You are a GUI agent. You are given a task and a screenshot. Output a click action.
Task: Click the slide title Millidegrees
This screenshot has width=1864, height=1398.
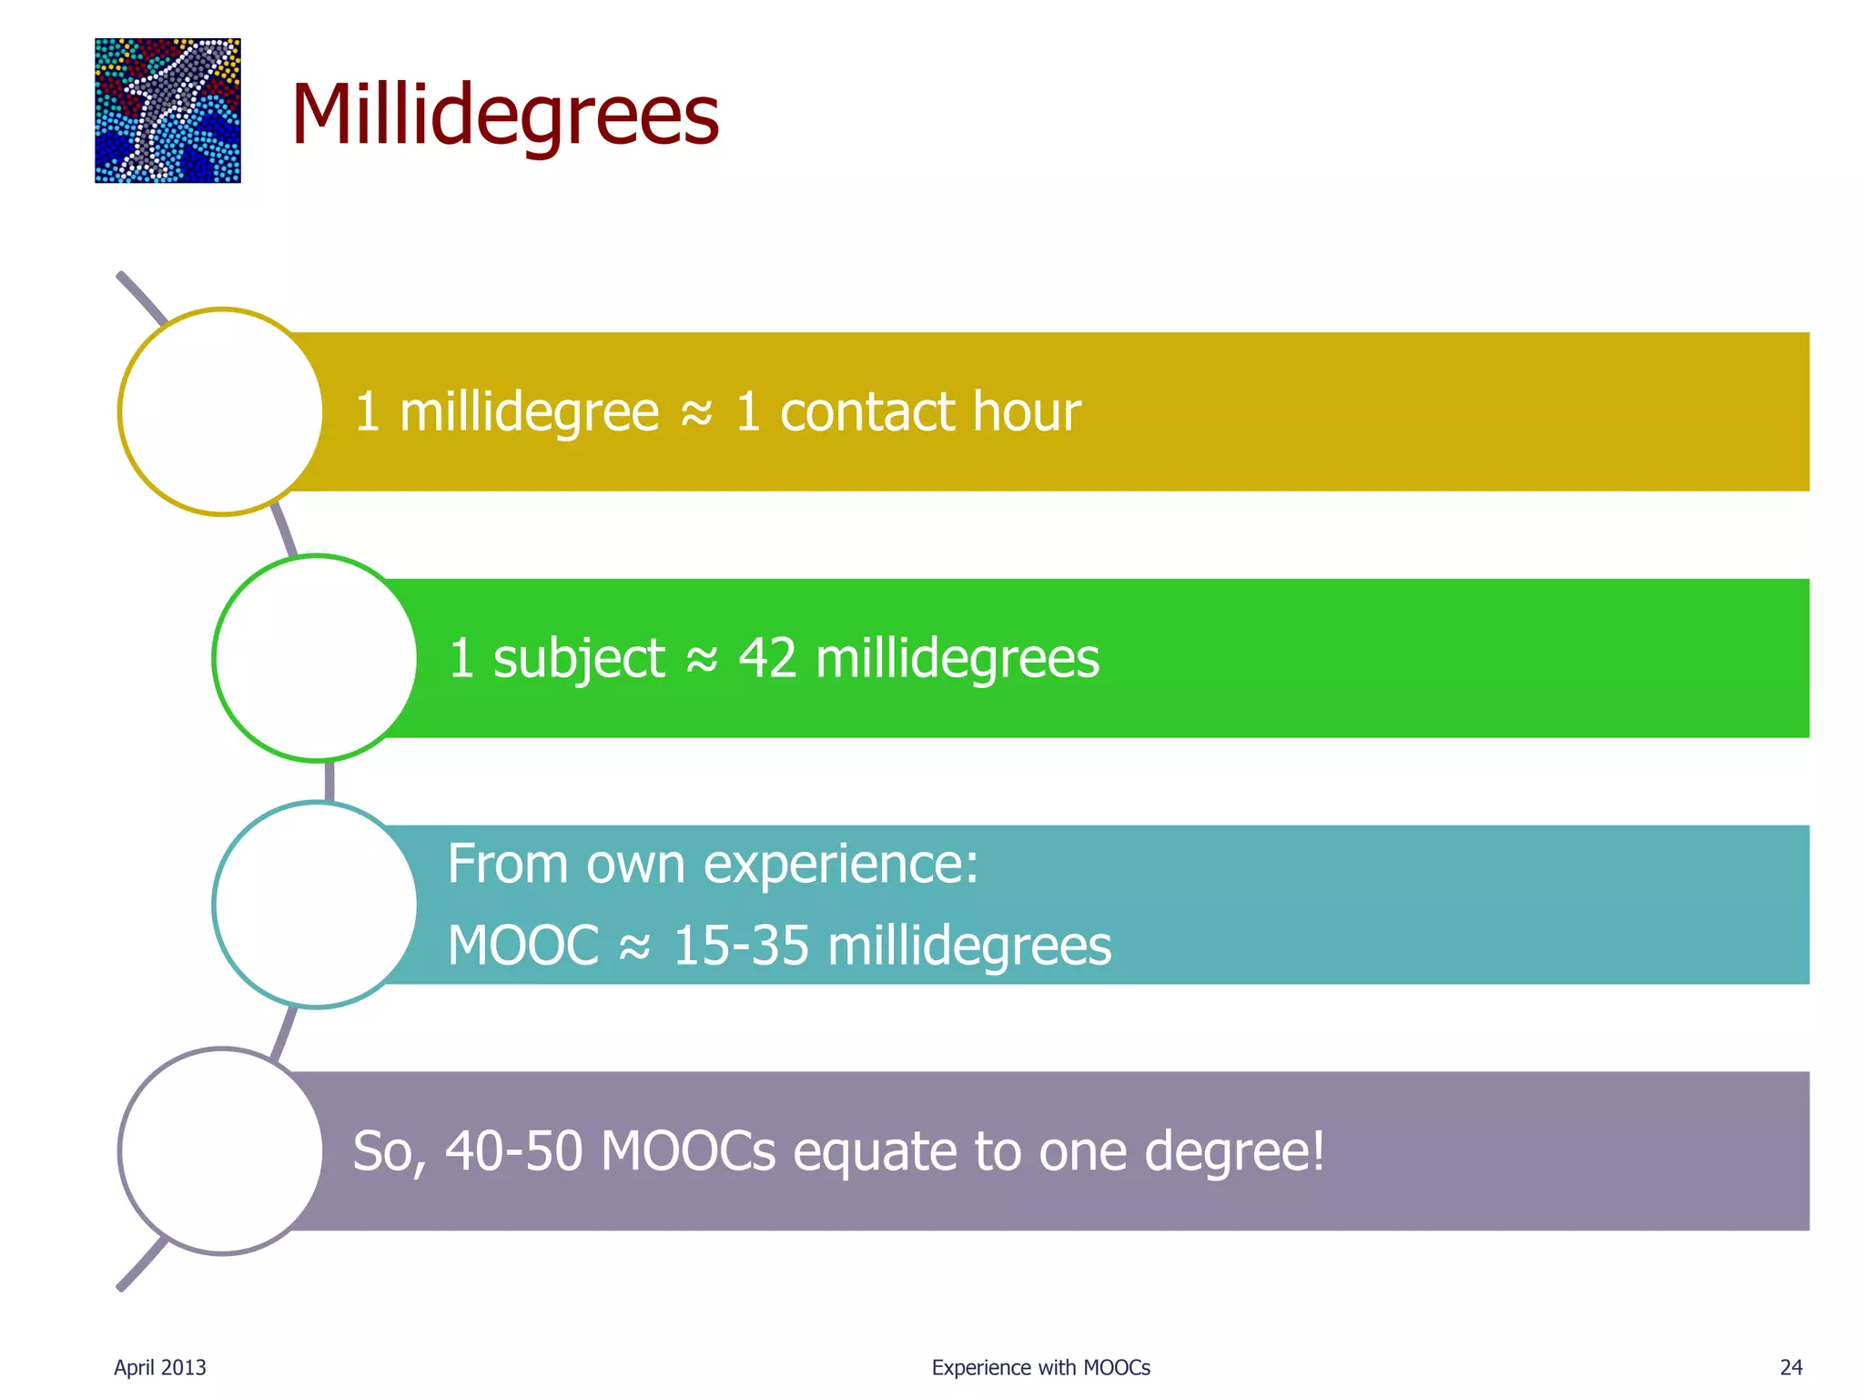click(505, 115)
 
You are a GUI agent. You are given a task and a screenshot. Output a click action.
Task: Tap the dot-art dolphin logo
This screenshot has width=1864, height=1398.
click(167, 110)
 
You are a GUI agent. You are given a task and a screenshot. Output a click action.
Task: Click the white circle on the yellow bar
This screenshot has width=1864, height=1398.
click(221, 411)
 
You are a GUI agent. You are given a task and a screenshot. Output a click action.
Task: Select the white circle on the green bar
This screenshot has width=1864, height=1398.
click(315, 658)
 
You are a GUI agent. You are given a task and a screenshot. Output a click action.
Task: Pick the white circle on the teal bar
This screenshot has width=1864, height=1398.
click(315, 905)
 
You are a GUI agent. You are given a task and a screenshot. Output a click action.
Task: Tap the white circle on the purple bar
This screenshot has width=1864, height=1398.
click(221, 1151)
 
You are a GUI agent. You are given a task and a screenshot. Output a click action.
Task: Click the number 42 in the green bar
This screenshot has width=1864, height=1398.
click(767, 658)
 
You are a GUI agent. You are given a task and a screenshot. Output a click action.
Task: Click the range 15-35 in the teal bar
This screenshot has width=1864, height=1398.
click(740, 945)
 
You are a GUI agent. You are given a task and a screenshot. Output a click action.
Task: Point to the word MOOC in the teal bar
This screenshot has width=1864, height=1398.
click(523, 945)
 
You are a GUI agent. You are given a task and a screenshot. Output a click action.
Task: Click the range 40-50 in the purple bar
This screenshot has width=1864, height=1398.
click(513, 1151)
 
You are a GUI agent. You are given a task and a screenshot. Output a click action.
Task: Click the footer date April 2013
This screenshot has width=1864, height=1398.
click(160, 1367)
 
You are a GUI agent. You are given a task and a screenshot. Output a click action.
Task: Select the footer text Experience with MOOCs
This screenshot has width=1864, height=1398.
click(1040, 1367)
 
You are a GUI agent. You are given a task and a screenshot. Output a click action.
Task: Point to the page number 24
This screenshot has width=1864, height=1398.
click(1791, 1367)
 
